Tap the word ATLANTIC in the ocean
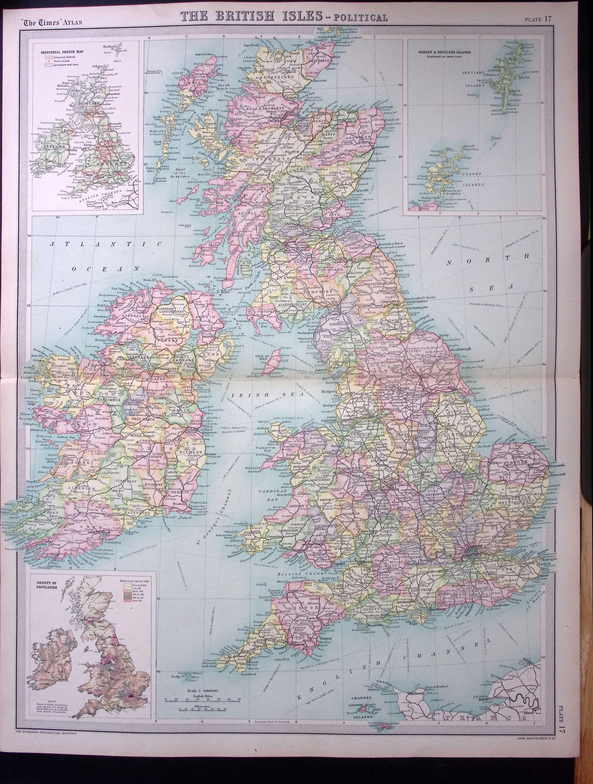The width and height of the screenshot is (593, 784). pos(107,244)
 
